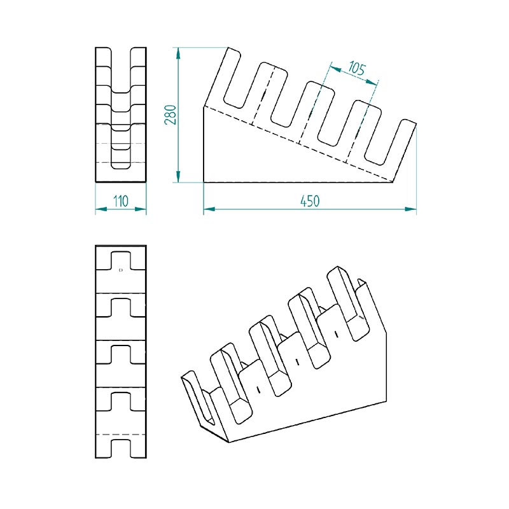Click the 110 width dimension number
coord(121,201)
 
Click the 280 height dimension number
coord(171,115)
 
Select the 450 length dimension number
coord(310,201)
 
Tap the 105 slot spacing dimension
coord(357,69)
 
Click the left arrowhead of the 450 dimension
coord(209,209)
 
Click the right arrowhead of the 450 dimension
coord(410,209)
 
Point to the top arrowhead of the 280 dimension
coord(178,53)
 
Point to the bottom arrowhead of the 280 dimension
coord(178,177)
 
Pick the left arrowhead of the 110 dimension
coord(101,209)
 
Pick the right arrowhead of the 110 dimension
coord(140,209)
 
